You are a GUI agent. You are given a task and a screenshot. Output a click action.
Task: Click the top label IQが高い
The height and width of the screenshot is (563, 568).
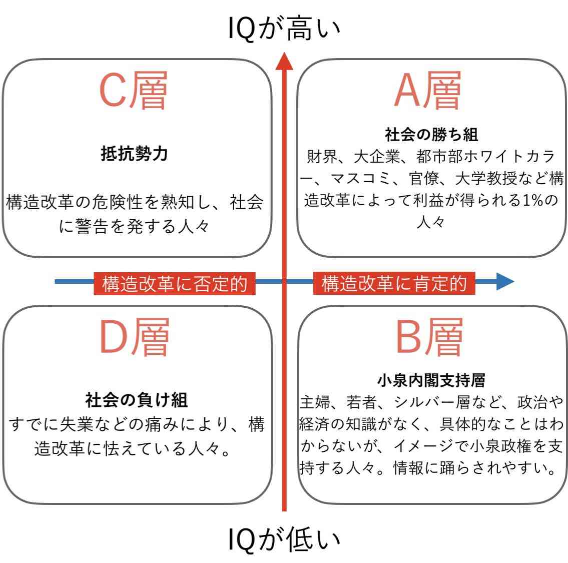click(284, 28)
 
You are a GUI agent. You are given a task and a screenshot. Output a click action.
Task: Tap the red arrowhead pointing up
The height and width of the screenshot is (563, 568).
click(284, 61)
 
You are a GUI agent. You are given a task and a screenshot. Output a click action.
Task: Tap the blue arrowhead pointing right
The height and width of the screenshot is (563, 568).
click(505, 281)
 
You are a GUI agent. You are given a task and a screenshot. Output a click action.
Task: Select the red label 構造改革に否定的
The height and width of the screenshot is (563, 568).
click(175, 284)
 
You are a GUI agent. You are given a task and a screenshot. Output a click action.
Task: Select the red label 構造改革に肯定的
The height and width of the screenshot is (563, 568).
click(394, 283)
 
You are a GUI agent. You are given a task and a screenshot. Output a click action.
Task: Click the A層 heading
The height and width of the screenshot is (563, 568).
click(427, 90)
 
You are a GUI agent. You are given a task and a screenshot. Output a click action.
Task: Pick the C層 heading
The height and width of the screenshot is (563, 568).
click(133, 90)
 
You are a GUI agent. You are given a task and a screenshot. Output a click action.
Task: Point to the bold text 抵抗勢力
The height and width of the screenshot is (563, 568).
click(135, 153)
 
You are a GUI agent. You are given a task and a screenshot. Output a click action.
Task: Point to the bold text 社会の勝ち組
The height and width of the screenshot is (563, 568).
click(431, 135)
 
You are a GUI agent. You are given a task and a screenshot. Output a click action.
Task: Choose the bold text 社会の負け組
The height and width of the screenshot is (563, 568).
click(137, 400)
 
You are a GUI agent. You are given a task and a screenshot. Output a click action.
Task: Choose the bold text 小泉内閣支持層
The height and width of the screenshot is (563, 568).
click(431, 380)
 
